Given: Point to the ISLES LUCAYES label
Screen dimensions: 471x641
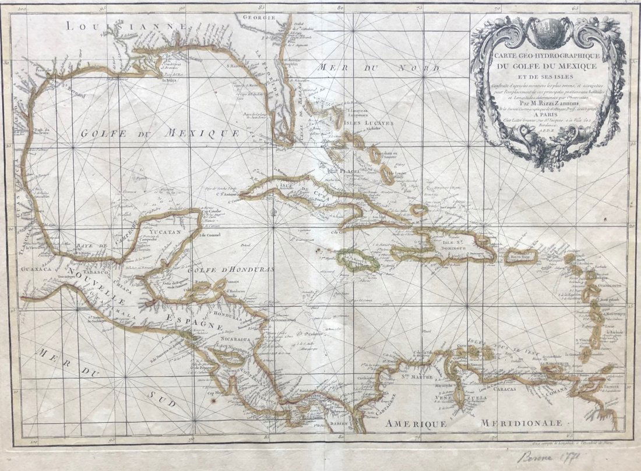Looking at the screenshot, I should (371, 123).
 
